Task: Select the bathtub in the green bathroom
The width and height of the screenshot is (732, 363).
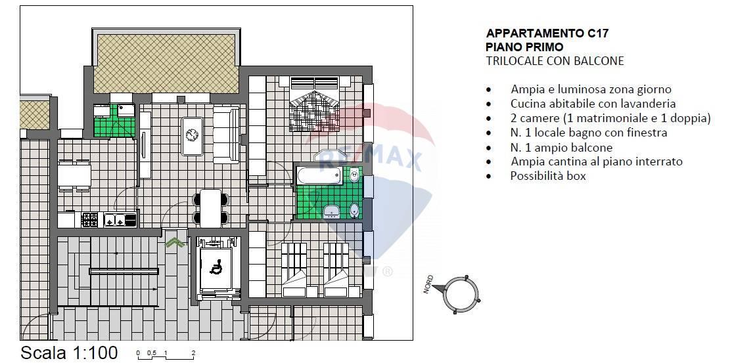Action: tap(319, 175)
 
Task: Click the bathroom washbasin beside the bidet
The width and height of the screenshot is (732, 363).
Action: tap(332, 210)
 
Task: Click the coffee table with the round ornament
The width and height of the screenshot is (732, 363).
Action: tap(193, 135)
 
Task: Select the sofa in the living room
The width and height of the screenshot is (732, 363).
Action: tap(226, 135)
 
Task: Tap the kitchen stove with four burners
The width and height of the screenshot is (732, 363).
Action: tap(89, 220)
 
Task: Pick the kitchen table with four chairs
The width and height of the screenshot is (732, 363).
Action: tap(74, 176)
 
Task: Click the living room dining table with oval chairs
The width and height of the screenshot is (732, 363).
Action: tap(210, 206)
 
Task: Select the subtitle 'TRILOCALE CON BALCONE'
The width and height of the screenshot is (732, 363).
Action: tap(555, 61)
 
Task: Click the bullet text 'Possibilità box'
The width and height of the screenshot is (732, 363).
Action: tap(547, 176)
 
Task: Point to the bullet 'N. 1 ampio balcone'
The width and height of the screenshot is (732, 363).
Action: tap(561, 147)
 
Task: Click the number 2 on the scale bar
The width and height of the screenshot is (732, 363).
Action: tap(193, 353)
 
